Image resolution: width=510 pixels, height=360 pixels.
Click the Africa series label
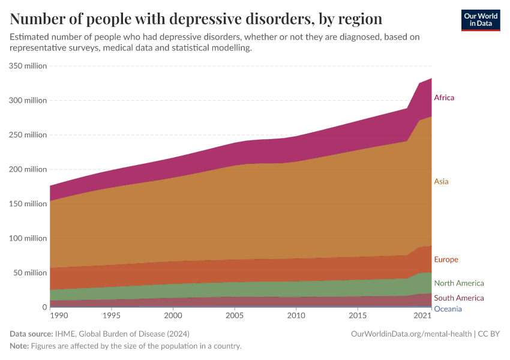tap(444, 97)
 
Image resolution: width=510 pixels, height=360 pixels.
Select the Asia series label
tap(441, 181)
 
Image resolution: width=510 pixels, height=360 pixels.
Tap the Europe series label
tap(446, 260)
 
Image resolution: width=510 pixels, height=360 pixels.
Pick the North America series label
tap(458, 283)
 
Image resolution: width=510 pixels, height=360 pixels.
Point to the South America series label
tap(458, 298)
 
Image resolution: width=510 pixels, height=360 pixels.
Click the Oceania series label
tap(448, 309)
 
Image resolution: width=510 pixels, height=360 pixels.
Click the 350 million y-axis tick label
tap(28, 66)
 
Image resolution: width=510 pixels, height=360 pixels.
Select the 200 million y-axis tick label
tap(28, 169)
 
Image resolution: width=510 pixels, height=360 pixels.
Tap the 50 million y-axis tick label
tap(29, 272)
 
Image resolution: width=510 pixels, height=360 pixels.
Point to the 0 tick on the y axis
tap(44, 307)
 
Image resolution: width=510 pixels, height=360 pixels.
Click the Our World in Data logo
tap(480, 20)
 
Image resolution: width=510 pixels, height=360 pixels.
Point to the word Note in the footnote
tap(20, 346)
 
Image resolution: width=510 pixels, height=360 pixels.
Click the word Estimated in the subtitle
tap(31, 37)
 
